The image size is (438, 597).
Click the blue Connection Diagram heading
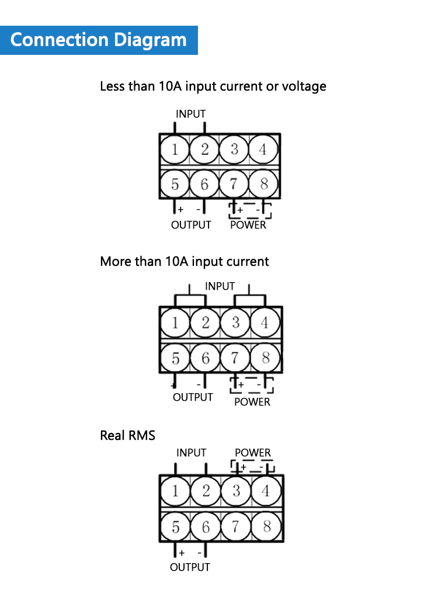(x=99, y=40)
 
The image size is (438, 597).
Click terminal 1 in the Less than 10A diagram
(x=175, y=150)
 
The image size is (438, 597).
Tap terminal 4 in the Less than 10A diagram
(x=263, y=150)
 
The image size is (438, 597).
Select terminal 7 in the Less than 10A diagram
(x=234, y=184)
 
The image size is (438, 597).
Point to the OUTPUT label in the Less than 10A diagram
(x=191, y=225)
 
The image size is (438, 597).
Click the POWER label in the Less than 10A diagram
(x=248, y=225)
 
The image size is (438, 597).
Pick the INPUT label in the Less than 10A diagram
(x=190, y=114)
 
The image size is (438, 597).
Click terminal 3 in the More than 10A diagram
(x=235, y=323)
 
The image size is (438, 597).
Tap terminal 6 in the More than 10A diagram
(x=206, y=358)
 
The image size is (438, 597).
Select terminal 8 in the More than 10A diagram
(x=266, y=358)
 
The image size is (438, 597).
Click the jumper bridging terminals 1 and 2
(x=190, y=296)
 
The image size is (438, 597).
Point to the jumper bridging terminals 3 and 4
(x=249, y=296)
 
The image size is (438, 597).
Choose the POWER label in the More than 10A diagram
(x=252, y=402)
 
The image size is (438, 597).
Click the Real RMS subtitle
(x=127, y=435)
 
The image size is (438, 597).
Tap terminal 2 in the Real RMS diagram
(x=206, y=491)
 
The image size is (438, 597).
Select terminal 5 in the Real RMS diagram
(x=175, y=527)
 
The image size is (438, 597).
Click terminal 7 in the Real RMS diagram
(x=236, y=527)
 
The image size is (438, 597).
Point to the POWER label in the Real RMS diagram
(x=253, y=453)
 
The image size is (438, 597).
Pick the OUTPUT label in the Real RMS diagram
(x=190, y=567)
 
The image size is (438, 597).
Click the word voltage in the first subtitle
(x=304, y=87)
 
